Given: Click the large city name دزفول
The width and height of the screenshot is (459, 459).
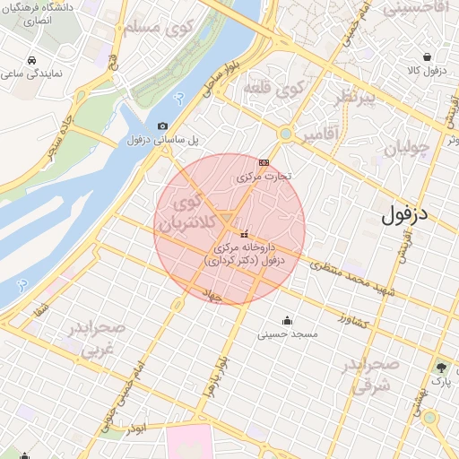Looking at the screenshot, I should [409, 214].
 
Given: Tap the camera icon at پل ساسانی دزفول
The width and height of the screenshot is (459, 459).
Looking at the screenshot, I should [162, 126].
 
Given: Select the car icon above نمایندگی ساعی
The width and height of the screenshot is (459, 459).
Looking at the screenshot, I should [32, 60].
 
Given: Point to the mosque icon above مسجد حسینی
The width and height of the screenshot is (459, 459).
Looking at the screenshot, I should [287, 320].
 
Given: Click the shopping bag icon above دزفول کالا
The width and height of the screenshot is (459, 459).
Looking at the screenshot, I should [434, 56].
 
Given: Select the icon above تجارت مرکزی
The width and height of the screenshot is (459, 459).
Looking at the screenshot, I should [264, 162].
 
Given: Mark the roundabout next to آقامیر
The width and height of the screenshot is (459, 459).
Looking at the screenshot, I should [286, 134].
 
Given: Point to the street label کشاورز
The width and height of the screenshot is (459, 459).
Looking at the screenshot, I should [354, 318].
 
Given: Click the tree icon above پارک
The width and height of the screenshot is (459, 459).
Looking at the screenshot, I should [440, 368].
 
